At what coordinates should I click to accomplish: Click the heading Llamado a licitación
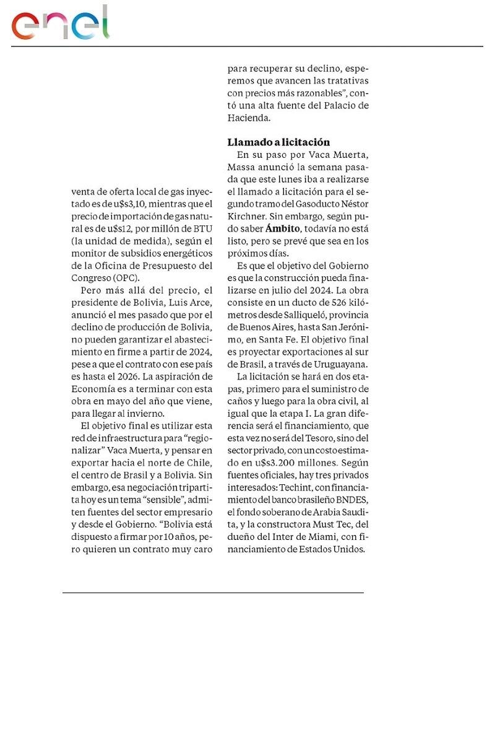coord(278,142)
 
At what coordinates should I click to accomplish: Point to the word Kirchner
coord(246,217)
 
